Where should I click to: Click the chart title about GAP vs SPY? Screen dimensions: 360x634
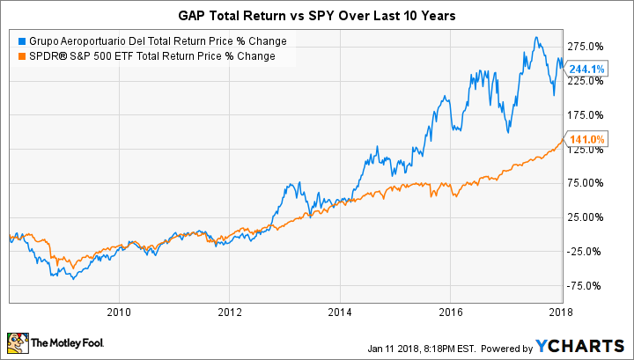(x=316, y=15)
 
